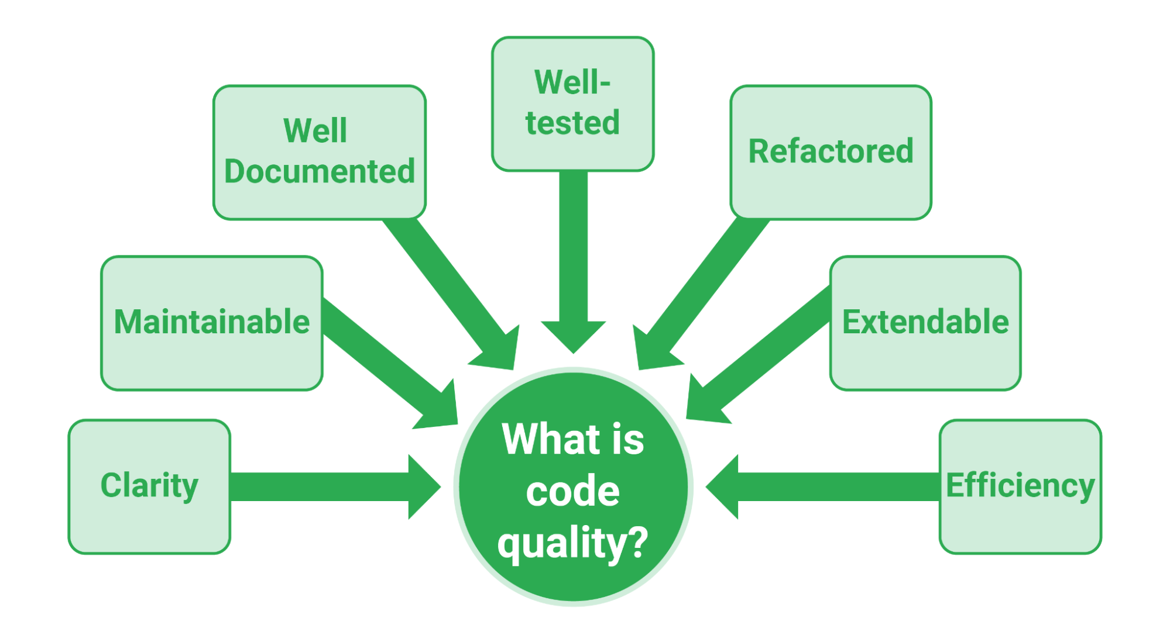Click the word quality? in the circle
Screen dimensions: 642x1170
[572, 542]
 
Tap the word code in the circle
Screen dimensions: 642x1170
[572, 491]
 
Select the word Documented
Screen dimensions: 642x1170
[320, 172]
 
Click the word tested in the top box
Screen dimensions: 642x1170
[572, 123]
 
